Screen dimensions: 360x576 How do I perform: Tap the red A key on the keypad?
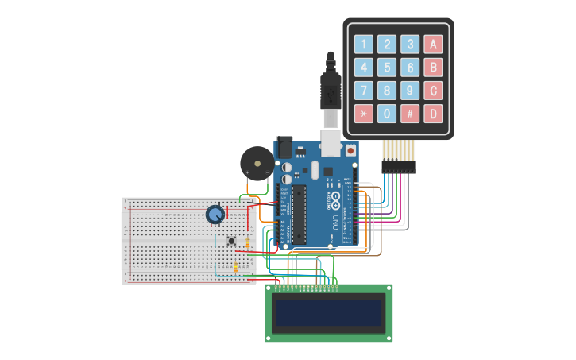point(433,45)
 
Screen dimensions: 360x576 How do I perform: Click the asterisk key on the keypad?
point(364,114)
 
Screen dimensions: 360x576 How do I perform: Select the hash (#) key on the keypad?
point(410,114)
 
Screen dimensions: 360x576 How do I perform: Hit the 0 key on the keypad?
point(387,114)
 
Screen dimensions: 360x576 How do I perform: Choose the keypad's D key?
point(433,114)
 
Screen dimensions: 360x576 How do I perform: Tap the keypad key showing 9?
point(410,91)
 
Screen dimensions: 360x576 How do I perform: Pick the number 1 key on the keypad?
point(364,45)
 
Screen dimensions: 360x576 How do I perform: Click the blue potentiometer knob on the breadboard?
point(215,214)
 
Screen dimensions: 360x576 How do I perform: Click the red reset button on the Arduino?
point(350,149)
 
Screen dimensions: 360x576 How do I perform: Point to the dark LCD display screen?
point(328,313)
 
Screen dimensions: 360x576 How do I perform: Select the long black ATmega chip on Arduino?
point(300,214)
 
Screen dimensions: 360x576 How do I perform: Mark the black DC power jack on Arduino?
point(284,148)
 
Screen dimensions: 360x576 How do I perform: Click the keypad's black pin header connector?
point(398,166)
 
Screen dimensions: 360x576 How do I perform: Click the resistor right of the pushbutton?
point(248,243)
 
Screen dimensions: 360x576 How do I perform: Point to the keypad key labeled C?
point(433,91)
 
